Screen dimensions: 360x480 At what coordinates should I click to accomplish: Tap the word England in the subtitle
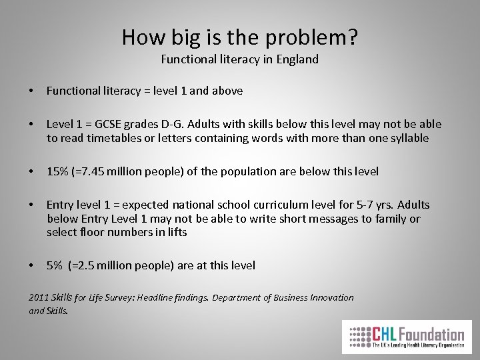point(295,59)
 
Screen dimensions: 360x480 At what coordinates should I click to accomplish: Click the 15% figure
point(57,171)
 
